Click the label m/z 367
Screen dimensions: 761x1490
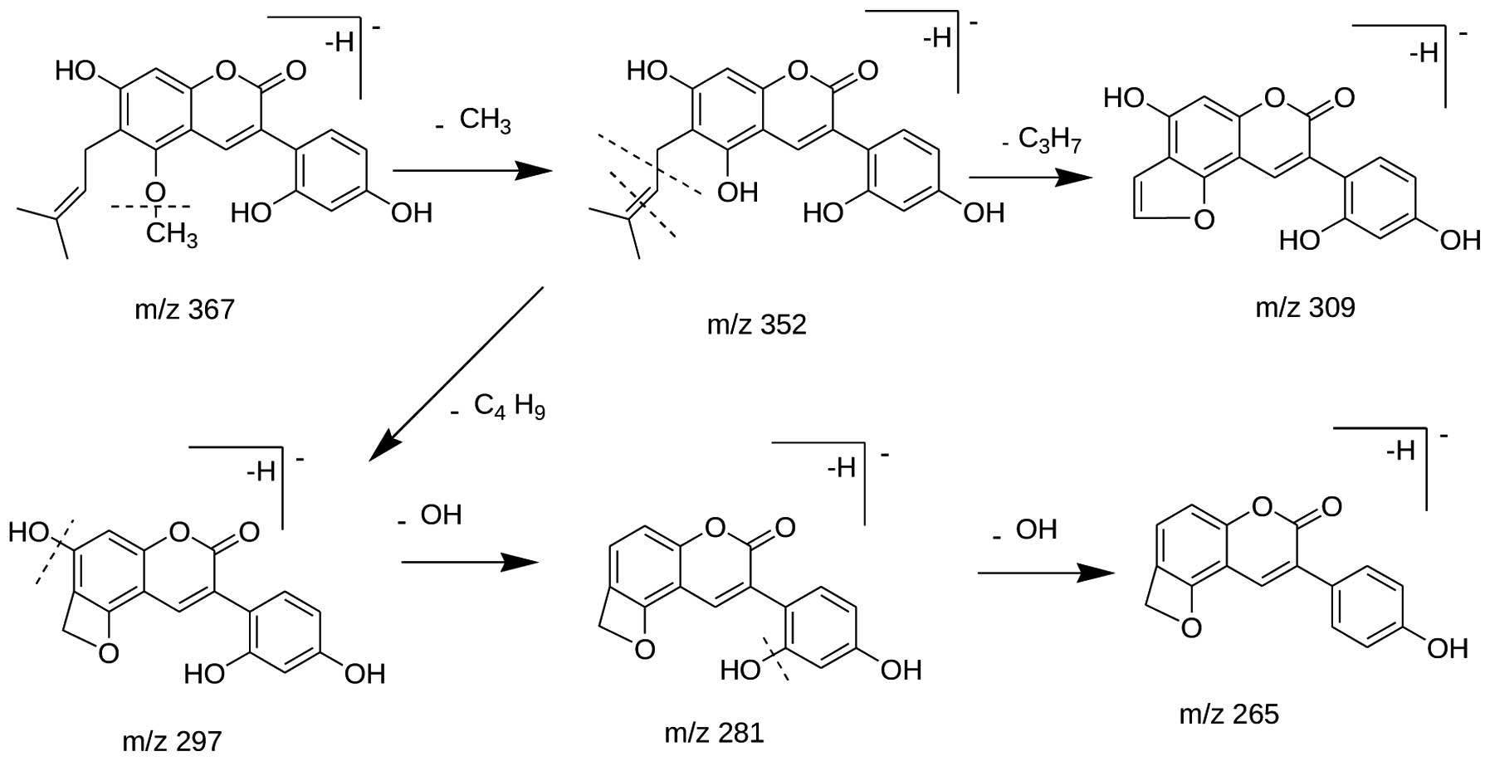(184, 310)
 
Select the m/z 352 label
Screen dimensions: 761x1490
(756, 324)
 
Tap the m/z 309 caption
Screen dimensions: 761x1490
(1305, 307)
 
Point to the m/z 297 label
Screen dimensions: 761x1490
(172, 740)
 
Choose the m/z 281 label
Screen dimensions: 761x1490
(714, 733)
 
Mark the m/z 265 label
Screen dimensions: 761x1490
(1229, 714)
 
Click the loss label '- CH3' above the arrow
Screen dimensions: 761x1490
(474, 120)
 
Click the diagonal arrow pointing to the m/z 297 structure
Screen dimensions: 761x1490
(457, 373)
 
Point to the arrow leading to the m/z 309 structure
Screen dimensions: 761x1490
(1029, 177)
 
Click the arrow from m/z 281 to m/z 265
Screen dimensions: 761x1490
(1045, 573)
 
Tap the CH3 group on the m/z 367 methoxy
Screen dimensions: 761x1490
(172, 234)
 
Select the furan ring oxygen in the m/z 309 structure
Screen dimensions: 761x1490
(1202, 220)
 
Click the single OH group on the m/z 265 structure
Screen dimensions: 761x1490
(1447, 648)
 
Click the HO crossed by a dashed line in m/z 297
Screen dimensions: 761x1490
(31, 532)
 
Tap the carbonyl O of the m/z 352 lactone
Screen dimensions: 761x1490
(867, 70)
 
